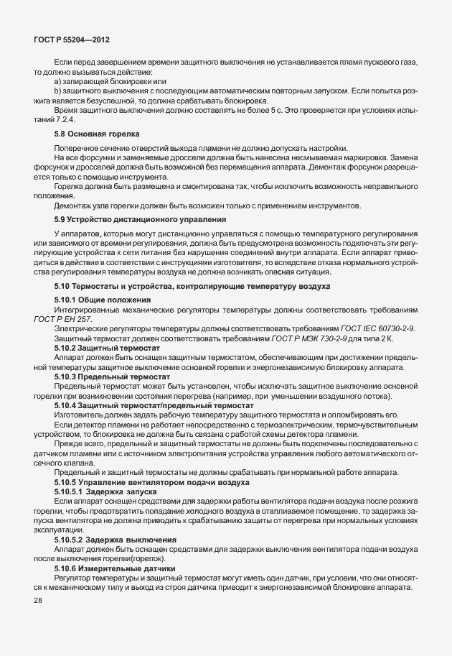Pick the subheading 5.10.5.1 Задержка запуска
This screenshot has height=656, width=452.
coord(105,492)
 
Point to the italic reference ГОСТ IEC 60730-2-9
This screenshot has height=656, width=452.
coord(373,328)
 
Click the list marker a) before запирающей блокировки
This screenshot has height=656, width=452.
coord(57,81)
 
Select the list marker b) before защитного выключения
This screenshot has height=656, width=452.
coord(57,91)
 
